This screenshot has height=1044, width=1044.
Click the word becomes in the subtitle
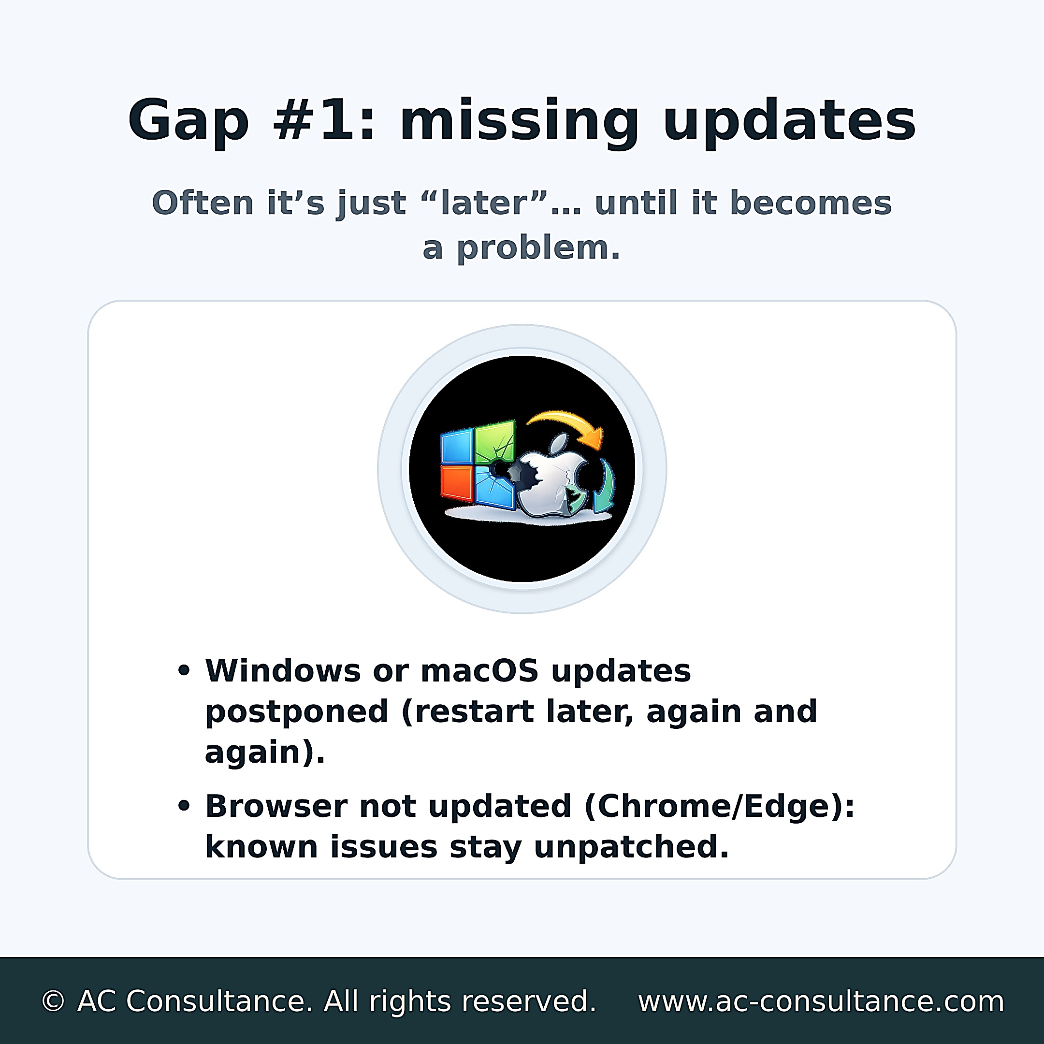pyautogui.click(x=811, y=203)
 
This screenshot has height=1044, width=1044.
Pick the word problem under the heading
pyautogui.click(x=538, y=248)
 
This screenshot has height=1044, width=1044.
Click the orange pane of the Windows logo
pyautogui.click(x=457, y=482)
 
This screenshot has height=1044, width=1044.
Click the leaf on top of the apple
pyautogui.click(x=559, y=443)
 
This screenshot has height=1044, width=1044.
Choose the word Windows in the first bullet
pyautogui.click(x=283, y=671)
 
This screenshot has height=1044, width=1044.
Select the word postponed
pyautogui.click(x=297, y=713)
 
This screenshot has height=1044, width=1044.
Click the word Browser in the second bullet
pyautogui.click(x=276, y=807)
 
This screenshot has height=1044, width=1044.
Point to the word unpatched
pyautogui.click(x=631, y=848)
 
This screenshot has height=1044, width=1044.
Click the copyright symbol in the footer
pyautogui.click(x=53, y=1001)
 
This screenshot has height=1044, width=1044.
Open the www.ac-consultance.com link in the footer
pyautogui.click(x=821, y=1002)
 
